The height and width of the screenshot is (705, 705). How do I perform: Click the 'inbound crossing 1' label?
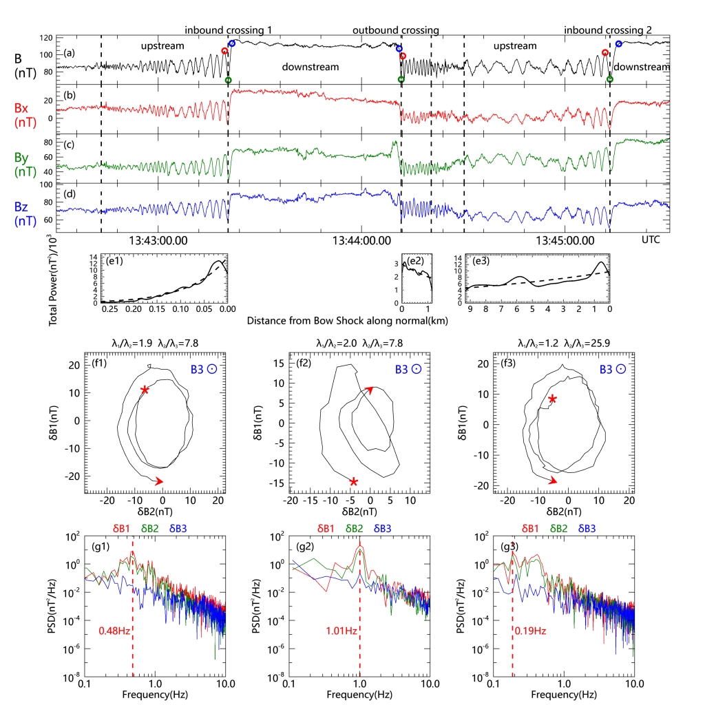[228, 30]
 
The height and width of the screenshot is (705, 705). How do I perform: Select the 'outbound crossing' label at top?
[396, 30]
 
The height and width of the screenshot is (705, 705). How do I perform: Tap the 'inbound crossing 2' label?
[608, 30]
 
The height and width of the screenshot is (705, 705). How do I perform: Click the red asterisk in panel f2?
[354, 482]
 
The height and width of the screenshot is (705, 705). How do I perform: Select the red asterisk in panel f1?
[145, 390]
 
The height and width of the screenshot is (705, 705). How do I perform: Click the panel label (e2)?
[415, 260]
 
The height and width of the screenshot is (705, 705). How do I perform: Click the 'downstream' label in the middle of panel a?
[311, 67]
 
